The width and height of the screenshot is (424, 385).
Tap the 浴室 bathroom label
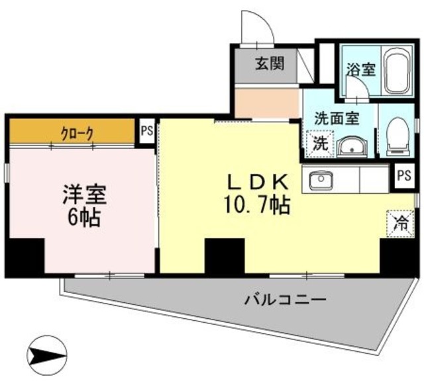tap(360, 68)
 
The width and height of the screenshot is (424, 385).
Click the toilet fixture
tap(397, 132)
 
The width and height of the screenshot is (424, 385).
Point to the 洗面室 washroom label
tap(336, 119)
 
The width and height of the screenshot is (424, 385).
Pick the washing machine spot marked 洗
tap(319, 142)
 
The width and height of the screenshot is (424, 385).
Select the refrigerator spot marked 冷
tap(402, 222)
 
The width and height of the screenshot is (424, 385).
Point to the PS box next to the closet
tap(146, 130)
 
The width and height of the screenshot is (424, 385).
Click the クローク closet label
tap(73, 132)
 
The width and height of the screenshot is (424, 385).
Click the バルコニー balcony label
tap(285, 300)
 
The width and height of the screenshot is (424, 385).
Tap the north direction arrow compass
tap(49, 355)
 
